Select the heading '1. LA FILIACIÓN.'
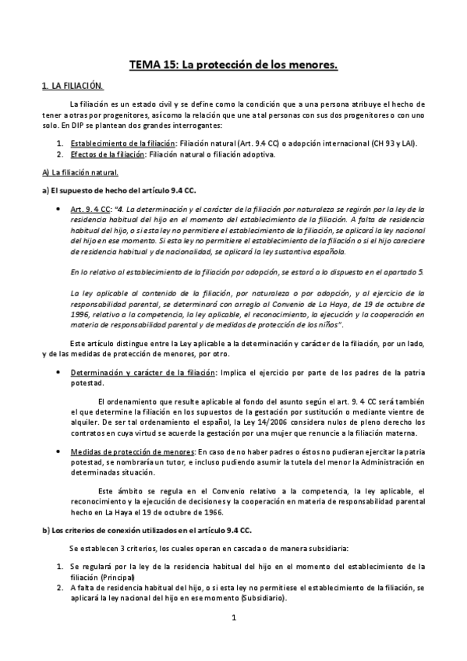73,86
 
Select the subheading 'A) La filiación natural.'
80,172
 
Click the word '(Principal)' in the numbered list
115,576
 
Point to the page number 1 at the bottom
233,617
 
